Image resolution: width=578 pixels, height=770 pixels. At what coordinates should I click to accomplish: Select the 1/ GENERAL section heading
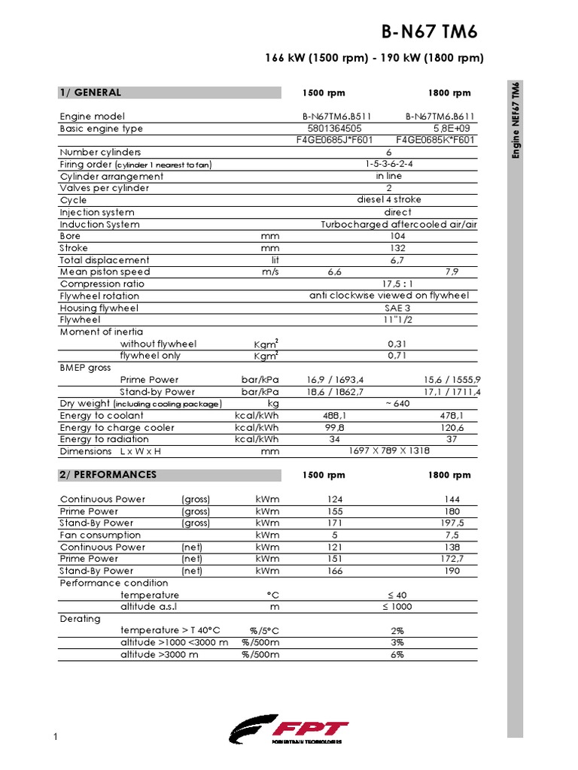pyautogui.click(x=90, y=92)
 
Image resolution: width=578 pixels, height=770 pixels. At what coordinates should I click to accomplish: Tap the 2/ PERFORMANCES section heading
pyautogui.click(x=108, y=474)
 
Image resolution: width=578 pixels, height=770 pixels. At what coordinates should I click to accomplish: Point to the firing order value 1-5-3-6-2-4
pyautogui.click(x=389, y=164)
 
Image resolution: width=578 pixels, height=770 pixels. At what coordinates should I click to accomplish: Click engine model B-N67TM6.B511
pyautogui.click(x=336, y=117)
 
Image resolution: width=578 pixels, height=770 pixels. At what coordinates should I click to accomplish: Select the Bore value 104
pyautogui.click(x=398, y=236)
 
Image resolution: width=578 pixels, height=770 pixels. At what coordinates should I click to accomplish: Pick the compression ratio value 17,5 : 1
pyautogui.click(x=398, y=284)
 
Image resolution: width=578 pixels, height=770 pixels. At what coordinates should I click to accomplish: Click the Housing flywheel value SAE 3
pyautogui.click(x=398, y=308)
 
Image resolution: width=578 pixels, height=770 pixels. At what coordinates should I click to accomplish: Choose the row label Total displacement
pyautogui.click(x=105, y=260)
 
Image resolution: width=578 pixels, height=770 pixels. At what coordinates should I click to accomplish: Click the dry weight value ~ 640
pyautogui.click(x=398, y=404)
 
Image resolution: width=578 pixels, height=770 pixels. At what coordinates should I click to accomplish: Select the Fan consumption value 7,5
pyautogui.click(x=452, y=535)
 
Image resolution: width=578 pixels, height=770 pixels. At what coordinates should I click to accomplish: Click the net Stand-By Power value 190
pyautogui.click(x=452, y=571)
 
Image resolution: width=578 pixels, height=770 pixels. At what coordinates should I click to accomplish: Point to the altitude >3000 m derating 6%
pyautogui.click(x=397, y=655)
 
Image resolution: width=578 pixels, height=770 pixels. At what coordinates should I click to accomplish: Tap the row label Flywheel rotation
pyautogui.click(x=99, y=296)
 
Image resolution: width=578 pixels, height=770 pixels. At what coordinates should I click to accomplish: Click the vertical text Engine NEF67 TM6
pyautogui.click(x=516, y=120)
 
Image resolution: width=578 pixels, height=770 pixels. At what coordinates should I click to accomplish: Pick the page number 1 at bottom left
pyautogui.click(x=56, y=736)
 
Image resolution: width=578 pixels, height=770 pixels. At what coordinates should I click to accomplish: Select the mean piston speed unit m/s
pyautogui.click(x=270, y=272)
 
